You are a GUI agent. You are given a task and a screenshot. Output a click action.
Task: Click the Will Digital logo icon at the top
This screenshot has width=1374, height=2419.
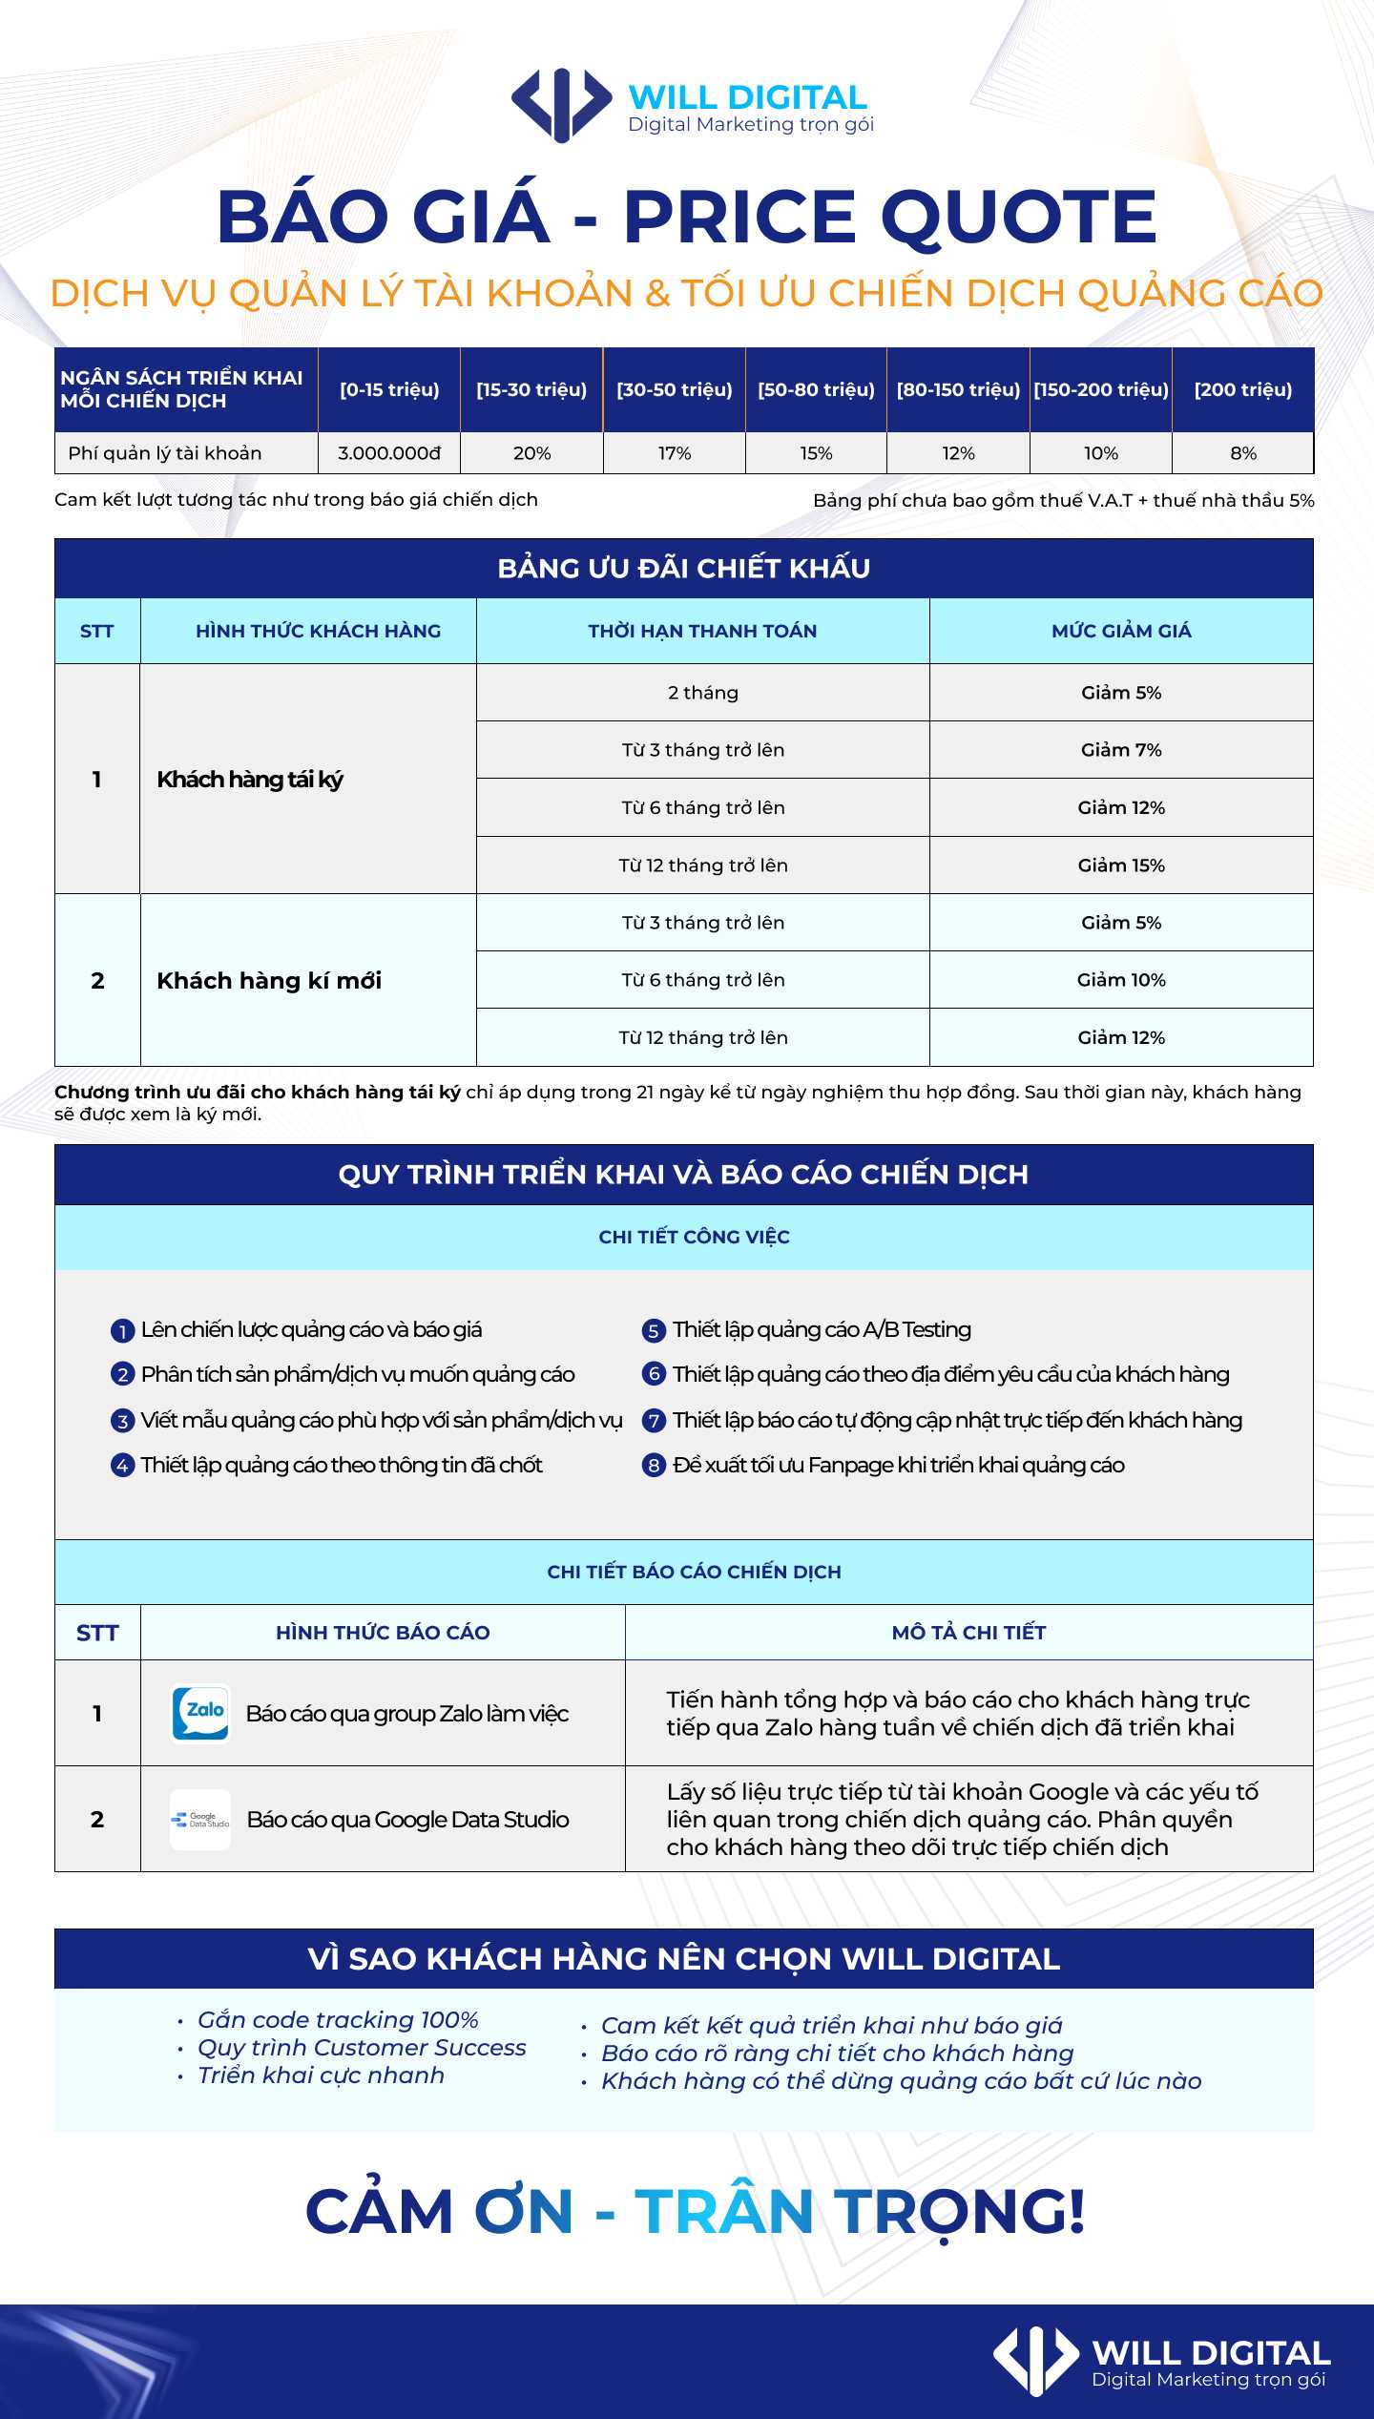point(561,105)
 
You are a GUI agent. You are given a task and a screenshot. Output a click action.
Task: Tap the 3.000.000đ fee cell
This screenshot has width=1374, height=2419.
point(389,453)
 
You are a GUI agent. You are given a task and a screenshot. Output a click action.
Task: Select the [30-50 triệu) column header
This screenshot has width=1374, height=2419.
point(675,389)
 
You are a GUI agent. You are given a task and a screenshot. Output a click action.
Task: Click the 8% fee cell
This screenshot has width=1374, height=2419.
point(1242,453)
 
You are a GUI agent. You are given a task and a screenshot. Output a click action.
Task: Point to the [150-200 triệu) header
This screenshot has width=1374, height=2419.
point(1101,389)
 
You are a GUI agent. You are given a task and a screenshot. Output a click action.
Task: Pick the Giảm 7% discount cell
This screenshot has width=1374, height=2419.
point(1121,750)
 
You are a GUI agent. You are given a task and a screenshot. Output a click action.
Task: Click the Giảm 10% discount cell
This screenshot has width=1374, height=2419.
point(1121,980)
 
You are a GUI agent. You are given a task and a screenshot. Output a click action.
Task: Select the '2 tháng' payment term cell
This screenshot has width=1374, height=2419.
point(703,693)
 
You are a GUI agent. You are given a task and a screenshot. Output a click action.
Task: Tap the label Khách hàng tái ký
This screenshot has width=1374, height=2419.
point(250,780)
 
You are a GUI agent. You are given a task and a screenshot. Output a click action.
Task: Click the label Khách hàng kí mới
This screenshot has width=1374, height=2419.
point(269,981)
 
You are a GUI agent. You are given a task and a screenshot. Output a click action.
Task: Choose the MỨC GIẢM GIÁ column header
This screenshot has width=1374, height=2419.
point(1121,631)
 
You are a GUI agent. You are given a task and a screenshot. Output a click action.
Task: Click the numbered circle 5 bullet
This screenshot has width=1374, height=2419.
point(653,1331)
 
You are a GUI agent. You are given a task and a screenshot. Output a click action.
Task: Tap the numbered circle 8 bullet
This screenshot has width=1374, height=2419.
point(653,1466)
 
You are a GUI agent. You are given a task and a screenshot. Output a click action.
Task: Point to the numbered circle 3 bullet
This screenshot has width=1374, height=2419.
point(122,1422)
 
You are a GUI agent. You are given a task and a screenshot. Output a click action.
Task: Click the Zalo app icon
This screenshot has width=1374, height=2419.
point(200,1714)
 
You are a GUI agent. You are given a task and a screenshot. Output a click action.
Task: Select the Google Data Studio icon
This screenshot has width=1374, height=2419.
point(200,1820)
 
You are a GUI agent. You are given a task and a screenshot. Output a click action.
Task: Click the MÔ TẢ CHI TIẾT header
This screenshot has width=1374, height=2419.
point(968,1633)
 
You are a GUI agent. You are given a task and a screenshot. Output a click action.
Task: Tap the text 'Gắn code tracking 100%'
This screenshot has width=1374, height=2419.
point(338,2020)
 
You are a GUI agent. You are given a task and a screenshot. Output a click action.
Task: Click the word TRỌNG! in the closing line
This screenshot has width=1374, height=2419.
point(960,2212)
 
